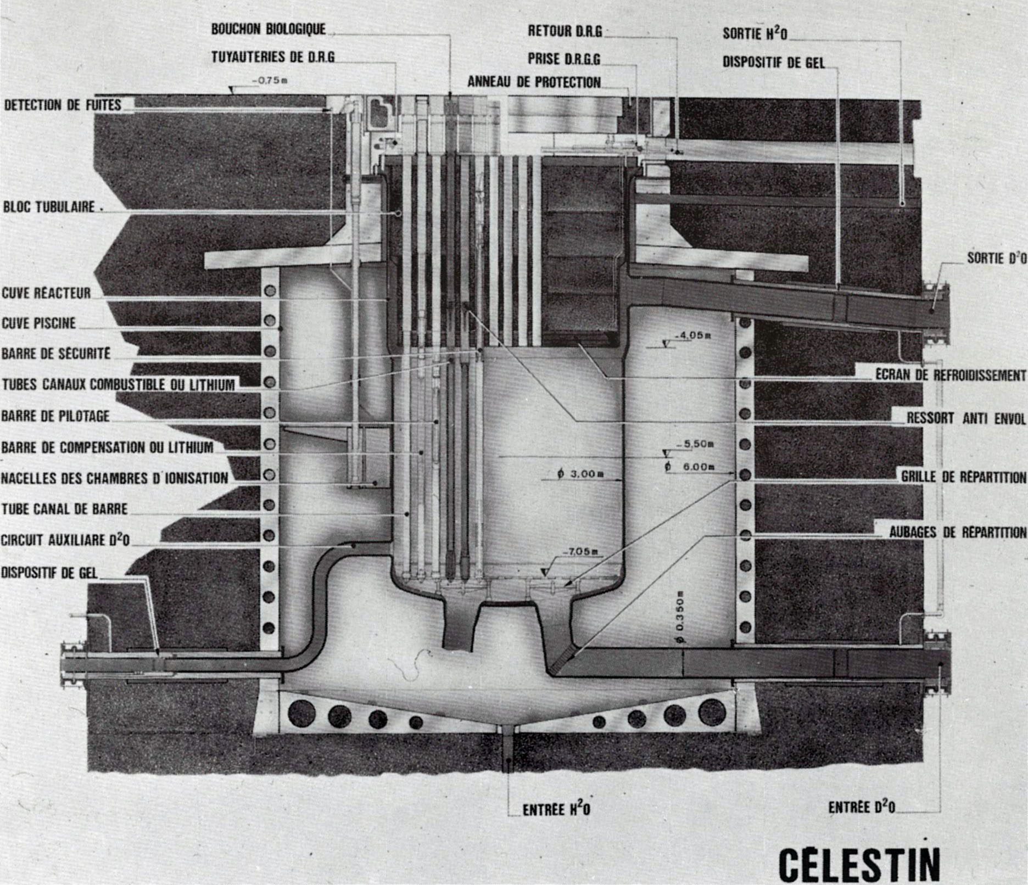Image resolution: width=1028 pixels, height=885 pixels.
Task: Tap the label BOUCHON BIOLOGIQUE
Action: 269,30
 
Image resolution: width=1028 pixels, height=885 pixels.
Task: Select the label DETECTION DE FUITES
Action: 63,105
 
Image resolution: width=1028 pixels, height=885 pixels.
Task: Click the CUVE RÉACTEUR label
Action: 46,293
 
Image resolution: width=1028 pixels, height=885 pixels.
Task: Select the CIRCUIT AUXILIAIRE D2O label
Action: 65,540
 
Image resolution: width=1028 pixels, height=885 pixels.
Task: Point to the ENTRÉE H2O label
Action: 556,810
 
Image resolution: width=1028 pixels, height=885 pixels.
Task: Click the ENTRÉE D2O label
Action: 861,808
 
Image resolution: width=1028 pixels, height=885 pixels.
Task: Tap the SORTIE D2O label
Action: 996,257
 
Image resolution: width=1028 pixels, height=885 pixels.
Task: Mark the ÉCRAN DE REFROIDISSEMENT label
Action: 950,376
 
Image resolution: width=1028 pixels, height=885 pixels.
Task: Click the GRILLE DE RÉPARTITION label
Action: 963,477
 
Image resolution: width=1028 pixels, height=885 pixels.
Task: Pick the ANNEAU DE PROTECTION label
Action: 534,82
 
